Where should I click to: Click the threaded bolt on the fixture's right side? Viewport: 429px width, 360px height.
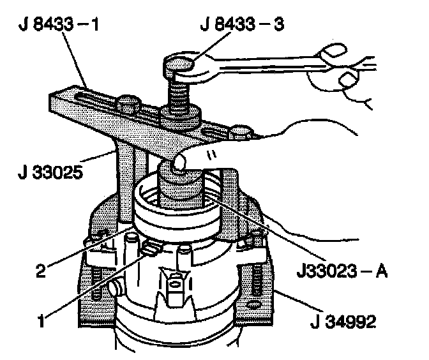tap(252, 281)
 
